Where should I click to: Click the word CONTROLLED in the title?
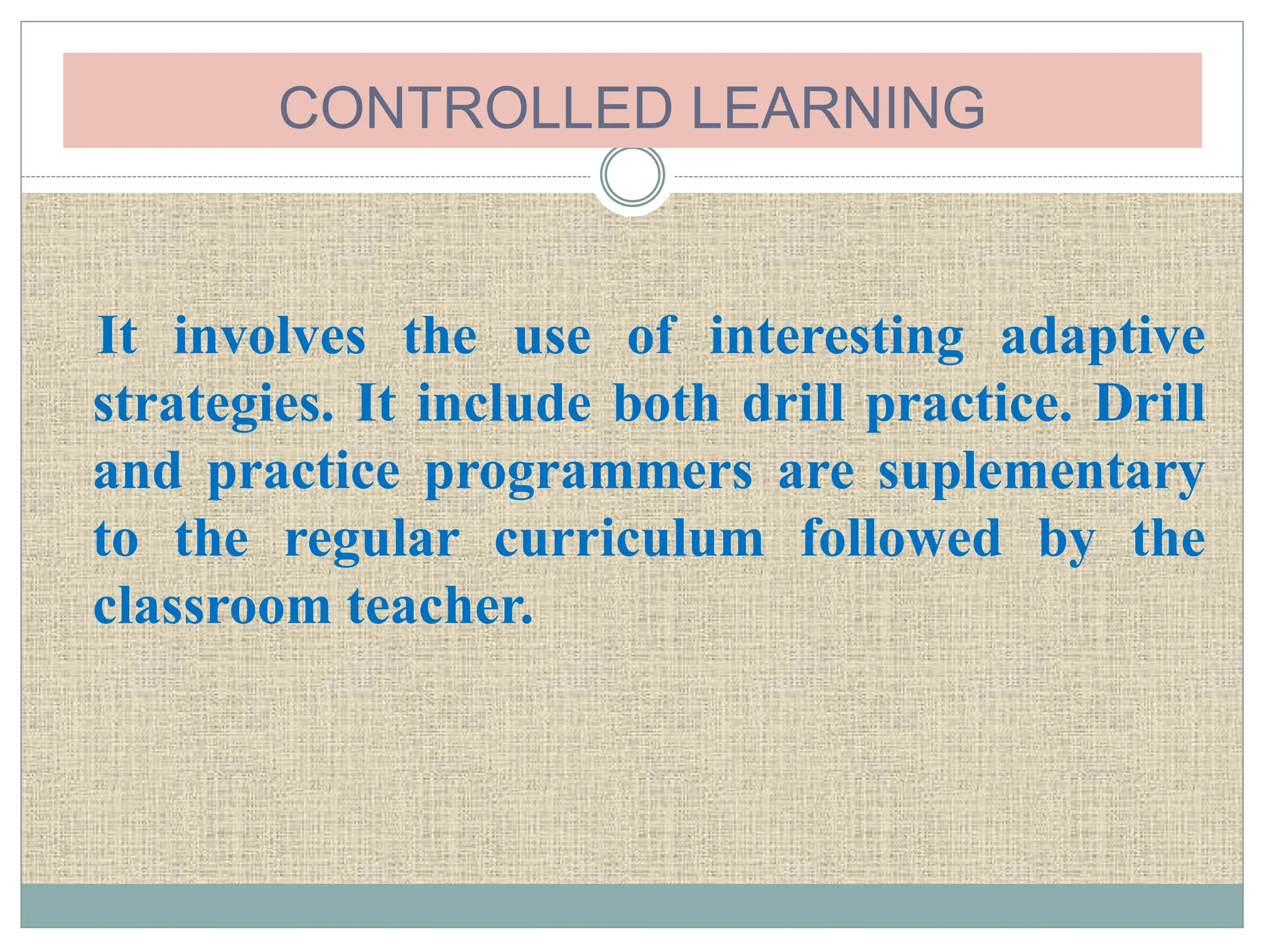point(475,108)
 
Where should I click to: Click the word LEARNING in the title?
point(838,108)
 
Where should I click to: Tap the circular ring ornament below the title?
point(632,175)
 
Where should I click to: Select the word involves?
point(270,337)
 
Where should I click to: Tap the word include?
point(504,404)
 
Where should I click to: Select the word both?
point(666,404)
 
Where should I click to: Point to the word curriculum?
point(629,539)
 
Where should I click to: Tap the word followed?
point(901,538)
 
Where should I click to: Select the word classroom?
point(212,606)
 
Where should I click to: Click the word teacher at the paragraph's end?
point(439,606)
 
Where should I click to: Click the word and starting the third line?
point(138,471)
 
